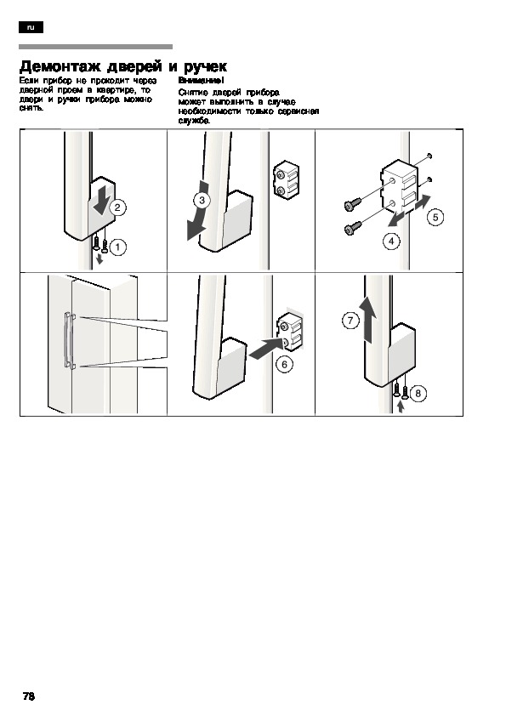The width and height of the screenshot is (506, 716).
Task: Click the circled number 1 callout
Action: click(x=118, y=247)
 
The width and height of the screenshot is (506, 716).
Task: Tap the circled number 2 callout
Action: click(x=117, y=207)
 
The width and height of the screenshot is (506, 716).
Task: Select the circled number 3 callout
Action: click(x=202, y=200)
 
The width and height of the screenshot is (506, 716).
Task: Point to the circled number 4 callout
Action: click(x=391, y=242)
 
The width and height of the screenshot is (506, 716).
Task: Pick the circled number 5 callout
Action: click(x=435, y=217)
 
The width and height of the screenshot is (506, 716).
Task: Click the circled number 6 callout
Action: click(x=285, y=364)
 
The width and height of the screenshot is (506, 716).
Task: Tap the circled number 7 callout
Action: click(x=350, y=320)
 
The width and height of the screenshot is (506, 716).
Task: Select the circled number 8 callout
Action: click(x=418, y=393)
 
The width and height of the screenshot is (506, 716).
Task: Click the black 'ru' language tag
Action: click(x=31, y=27)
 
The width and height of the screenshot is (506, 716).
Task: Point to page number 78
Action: click(x=29, y=696)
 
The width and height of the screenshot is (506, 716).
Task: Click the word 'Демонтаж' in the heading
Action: click(x=60, y=66)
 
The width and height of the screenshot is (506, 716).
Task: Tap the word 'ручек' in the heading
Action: click(x=205, y=67)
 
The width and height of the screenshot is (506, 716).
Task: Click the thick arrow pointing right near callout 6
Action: click(x=265, y=349)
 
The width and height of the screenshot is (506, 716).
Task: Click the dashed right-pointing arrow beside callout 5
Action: click(x=422, y=202)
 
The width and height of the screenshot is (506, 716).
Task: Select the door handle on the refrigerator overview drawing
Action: click(x=68, y=340)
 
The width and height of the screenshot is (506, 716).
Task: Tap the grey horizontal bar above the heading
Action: click(x=95, y=47)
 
